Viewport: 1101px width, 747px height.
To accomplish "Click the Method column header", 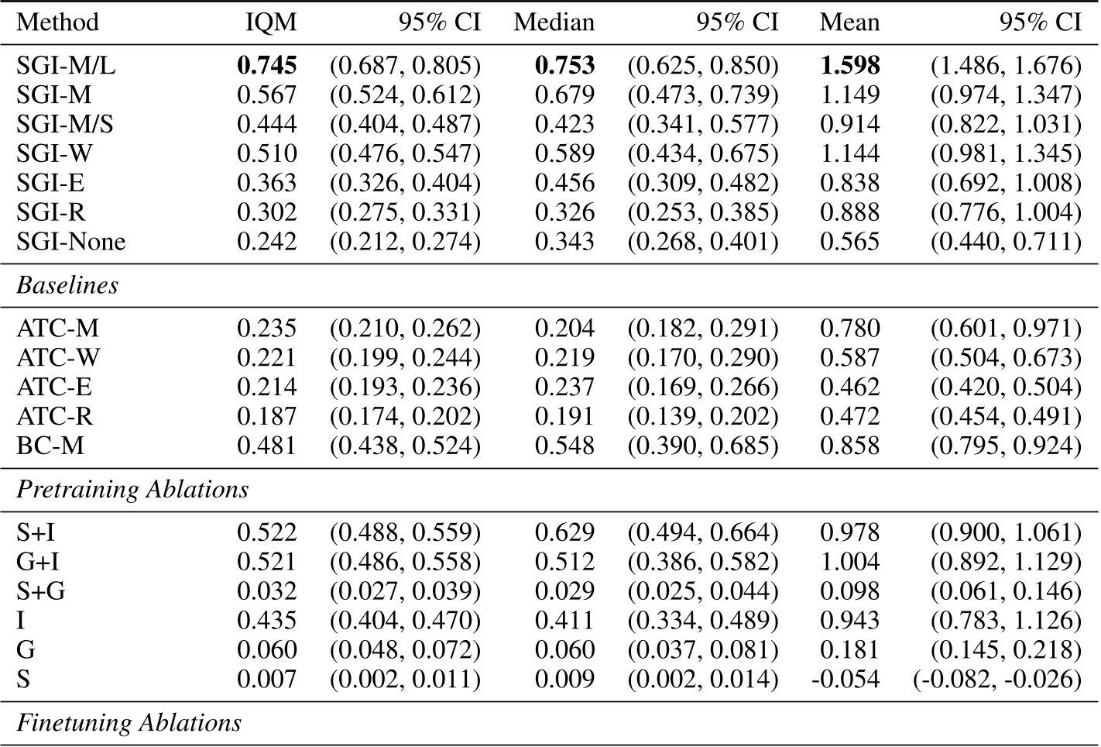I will (x=57, y=22).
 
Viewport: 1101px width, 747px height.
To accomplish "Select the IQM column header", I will (x=270, y=22).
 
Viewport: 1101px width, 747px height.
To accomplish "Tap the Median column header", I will (x=554, y=22).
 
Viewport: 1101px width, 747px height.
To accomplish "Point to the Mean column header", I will (x=849, y=22).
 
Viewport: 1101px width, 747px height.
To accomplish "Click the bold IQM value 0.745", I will (x=266, y=66).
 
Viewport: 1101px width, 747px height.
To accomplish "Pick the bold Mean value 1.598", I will (x=849, y=66).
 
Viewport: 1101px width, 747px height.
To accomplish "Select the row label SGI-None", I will (x=70, y=242).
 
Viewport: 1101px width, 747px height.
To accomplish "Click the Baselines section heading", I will (x=67, y=285).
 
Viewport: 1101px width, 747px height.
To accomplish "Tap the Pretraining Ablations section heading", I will (x=132, y=490).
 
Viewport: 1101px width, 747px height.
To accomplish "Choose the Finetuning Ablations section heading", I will (x=129, y=723).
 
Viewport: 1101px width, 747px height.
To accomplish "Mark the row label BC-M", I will (x=50, y=446).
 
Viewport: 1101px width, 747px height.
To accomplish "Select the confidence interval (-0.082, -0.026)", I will (x=996, y=680).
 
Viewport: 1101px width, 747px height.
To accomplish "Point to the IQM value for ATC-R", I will (x=266, y=416).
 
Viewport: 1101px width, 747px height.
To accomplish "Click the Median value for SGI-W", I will (x=564, y=154).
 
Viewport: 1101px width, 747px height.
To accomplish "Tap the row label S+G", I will (x=40, y=591).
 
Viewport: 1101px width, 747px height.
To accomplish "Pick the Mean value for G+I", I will (x=849, y=562).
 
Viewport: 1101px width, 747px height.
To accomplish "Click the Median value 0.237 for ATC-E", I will (x=564, y=387).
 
